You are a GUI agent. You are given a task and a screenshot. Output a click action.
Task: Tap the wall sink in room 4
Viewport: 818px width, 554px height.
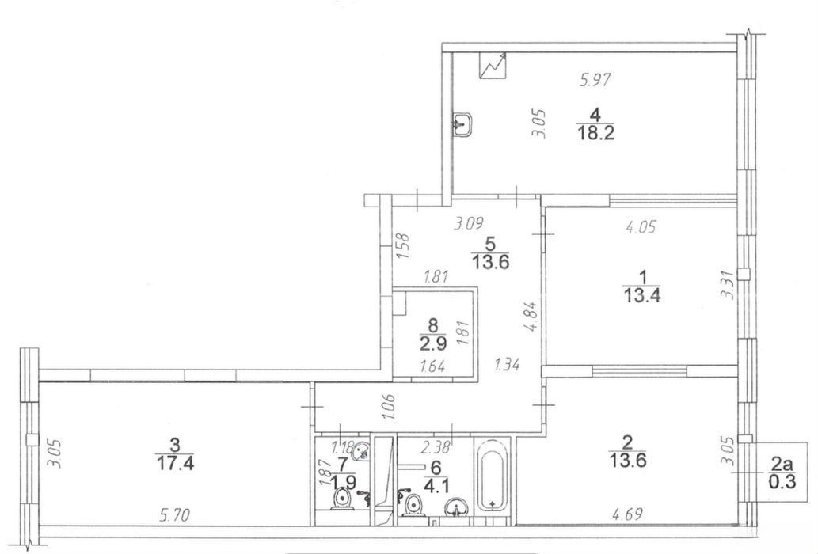coord(462,124)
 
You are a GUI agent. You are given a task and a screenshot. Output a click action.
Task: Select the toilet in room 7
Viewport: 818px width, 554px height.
coord(342,499)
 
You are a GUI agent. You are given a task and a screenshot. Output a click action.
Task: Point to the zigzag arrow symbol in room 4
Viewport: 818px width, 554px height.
coord(493,65)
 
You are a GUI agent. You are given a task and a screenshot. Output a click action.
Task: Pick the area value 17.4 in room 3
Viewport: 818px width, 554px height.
coord(175,462)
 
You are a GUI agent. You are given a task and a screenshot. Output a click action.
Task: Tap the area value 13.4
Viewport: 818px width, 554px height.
coord(642,295)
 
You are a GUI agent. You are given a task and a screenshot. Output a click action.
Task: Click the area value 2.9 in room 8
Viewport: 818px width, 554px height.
coord(432,344)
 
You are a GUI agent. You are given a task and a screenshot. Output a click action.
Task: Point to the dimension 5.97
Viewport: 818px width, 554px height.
coord(595,80)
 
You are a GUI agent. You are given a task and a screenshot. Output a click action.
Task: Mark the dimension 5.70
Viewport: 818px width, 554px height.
coord(174,516)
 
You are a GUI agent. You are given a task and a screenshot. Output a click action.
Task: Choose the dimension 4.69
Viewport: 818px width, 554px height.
coord(627,515)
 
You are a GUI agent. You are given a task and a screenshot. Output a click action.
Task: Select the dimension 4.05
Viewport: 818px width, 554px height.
coord(640,226)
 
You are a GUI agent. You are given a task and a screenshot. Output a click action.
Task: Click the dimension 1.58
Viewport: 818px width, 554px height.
coord(404,246)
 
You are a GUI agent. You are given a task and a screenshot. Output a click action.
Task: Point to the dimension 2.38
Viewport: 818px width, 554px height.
coord(436,446)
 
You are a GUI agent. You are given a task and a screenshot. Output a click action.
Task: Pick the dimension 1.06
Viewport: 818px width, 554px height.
coord(389,407)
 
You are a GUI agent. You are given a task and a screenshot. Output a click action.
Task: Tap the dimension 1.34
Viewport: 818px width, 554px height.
coord(507,364)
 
